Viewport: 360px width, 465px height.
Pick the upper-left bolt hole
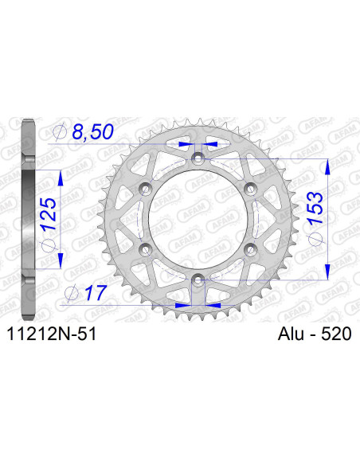146,189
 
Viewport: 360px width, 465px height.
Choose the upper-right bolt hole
249,189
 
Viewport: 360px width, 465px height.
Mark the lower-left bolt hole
146,249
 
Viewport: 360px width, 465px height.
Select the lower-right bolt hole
249,249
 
